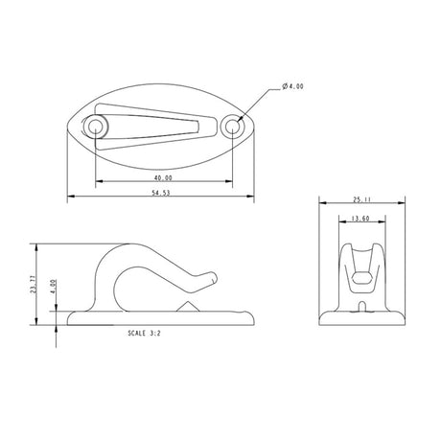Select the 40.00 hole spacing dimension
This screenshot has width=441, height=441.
(162, 177)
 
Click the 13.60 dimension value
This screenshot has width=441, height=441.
(362, 219)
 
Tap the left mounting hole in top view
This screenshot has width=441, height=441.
(96, 127)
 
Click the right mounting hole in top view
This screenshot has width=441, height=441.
(230, 127)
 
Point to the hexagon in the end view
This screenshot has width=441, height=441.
(363, 278)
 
